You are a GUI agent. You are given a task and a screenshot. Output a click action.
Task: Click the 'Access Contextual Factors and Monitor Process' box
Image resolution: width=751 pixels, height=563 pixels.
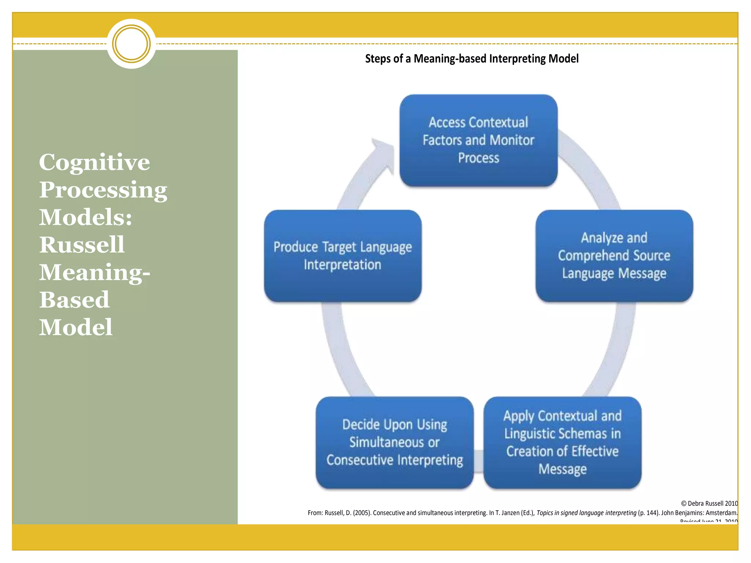click(x=478, y=140)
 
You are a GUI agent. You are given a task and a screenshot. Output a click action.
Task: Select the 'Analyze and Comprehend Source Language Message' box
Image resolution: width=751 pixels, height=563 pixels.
click(x=614, y=255)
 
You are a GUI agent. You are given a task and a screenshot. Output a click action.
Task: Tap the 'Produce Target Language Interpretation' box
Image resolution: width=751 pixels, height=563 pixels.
click(x=342, y=255)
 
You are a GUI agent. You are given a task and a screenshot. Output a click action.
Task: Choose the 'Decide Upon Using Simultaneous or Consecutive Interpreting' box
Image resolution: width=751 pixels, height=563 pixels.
click(x=395, y=442)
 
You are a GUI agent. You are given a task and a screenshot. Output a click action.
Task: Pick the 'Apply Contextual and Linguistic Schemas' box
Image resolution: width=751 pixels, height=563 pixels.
click(x=562, y=442)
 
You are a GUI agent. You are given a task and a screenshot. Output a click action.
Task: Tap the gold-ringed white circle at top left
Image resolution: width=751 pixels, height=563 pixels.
click(x=131, y=44)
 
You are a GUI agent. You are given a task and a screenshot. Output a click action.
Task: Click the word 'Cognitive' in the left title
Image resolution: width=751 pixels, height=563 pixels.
click(x=94, y=162)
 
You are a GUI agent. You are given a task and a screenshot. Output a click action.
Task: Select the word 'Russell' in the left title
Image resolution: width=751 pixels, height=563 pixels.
click(x=82, y=244)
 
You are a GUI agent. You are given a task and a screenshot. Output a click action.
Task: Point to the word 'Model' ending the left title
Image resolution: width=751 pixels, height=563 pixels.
click(x=76, y=327)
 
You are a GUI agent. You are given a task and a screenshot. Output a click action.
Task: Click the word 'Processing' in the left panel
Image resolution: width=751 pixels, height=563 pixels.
click(x=103, y=190)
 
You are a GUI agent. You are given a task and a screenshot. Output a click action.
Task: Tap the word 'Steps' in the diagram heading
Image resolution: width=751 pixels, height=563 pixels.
click(x=377, y=59)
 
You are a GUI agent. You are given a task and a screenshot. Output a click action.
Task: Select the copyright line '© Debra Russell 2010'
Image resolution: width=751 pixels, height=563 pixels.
click(x=709, y=503)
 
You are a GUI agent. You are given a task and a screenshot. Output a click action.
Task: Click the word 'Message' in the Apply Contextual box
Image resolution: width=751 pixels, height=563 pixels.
click(x=562, y=469)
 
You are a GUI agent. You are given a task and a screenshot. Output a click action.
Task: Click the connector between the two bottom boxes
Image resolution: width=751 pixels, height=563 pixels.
click(x=479, y=460)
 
